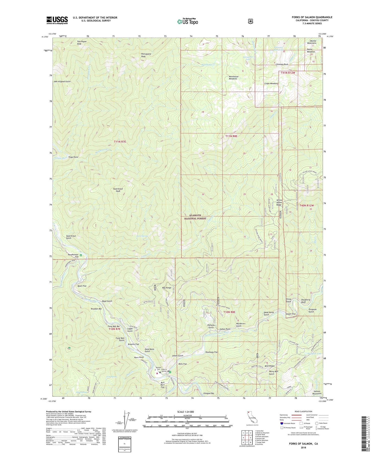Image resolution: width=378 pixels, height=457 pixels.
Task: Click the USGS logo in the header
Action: click(x=57, y=20)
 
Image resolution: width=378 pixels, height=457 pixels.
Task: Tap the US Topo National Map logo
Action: click(x=187, y=21)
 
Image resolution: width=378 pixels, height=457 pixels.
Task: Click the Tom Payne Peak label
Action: click(x=82, y=43)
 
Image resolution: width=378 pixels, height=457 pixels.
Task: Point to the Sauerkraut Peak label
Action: click(x=118, y=190)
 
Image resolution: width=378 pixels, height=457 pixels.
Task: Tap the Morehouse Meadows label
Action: click(x=233, y=78)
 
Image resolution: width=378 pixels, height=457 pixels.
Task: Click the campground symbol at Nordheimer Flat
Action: click(x=81, y=255)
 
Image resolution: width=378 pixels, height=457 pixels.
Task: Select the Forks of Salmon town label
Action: click(x=164, y=370)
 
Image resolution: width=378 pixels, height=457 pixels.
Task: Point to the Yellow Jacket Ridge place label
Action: click(x=279, y=202)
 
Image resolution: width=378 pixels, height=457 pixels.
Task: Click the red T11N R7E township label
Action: click(x=120, y=142)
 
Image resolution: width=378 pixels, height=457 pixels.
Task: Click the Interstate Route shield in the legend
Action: click(x=281, y=423)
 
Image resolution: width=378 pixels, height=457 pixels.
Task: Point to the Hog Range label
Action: click(x=167, y=288)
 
